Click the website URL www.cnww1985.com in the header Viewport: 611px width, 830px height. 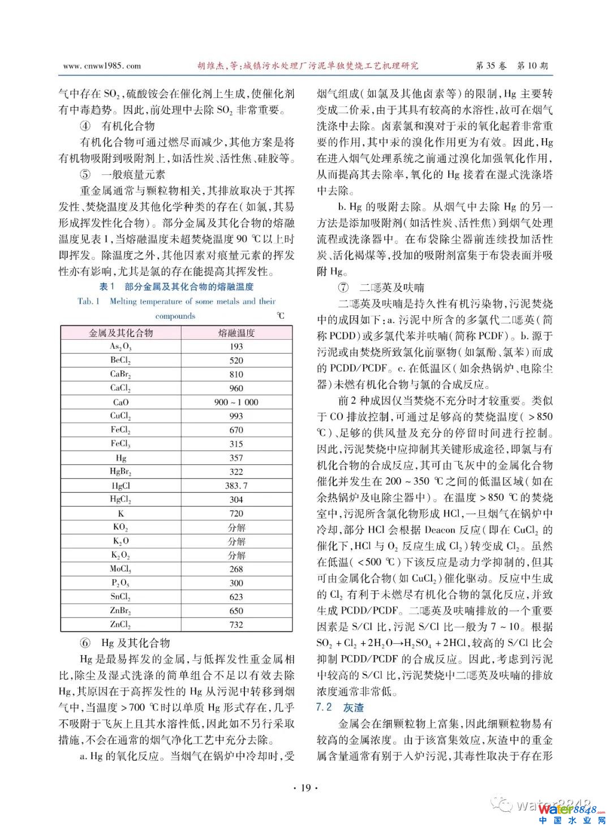click(102, 66)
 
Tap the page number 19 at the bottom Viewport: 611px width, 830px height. click(306, 788)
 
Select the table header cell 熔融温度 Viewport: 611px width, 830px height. click(236, 333)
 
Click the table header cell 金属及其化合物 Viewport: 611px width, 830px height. click(121, 333)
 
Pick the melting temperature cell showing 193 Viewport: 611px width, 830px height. click(236, 346)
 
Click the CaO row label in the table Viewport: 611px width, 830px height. click(121, 402)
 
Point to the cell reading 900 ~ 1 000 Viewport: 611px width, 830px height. click(236, 402)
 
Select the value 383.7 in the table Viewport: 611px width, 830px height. click(236, 486)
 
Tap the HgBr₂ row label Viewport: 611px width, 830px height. click(121, 472)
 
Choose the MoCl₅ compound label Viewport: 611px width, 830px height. click(121, 569)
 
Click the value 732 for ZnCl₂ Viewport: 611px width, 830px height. click(236, 624)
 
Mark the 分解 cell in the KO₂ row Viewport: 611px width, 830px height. click(236, 527)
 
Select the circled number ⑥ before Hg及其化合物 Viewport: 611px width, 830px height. click(85, 643)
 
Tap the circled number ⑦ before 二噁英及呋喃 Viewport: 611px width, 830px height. click(343, 287)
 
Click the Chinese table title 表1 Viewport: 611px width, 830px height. click(107, 286)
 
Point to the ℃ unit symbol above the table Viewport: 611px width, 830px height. click(281, 316)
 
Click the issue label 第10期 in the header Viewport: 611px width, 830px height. click(532, 66)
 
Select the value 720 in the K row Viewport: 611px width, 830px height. click(236, 514)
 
